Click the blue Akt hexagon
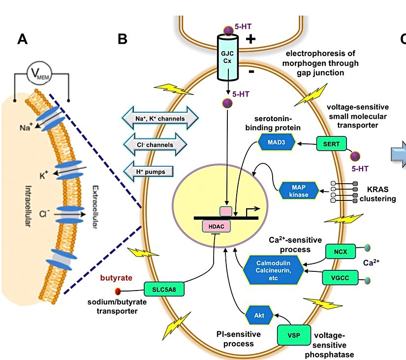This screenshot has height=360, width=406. (x=258, y=316)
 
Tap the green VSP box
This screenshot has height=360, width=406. (x=294, y=336)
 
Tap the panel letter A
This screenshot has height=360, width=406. (x=23, y=38)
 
